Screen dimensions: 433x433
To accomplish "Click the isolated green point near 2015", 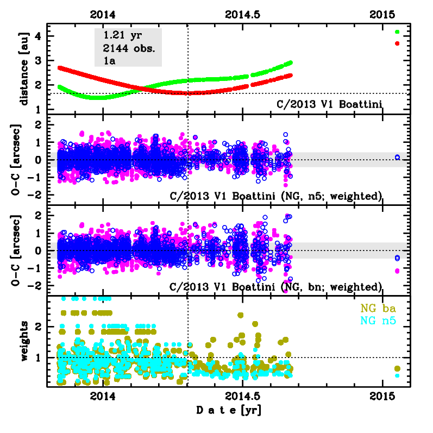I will point(397,32).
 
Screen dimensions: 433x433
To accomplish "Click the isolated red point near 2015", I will point(397,43).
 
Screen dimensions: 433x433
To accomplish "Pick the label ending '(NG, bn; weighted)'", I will point(277,286).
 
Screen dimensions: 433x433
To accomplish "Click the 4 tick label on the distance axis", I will point(39,36).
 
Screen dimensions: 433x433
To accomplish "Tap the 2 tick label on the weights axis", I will point(39,327).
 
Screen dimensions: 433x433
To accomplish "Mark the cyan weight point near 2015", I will point(397,375).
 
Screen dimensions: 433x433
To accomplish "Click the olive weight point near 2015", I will point(397,368).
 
